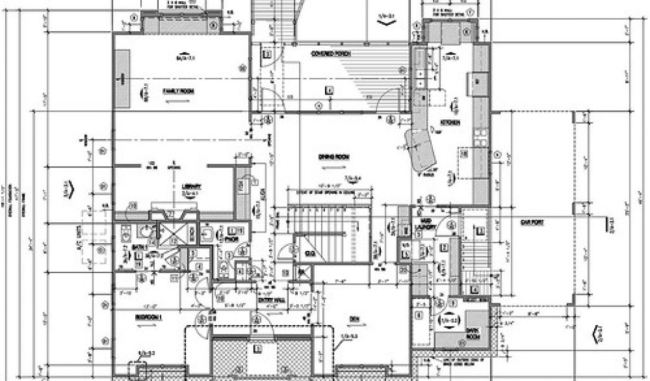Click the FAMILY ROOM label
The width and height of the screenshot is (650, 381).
pos(178,91)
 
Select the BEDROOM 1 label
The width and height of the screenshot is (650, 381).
pos(149,316)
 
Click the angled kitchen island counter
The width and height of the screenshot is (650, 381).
pos(418,149)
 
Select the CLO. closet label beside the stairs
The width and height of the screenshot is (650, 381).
pos(310,254)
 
